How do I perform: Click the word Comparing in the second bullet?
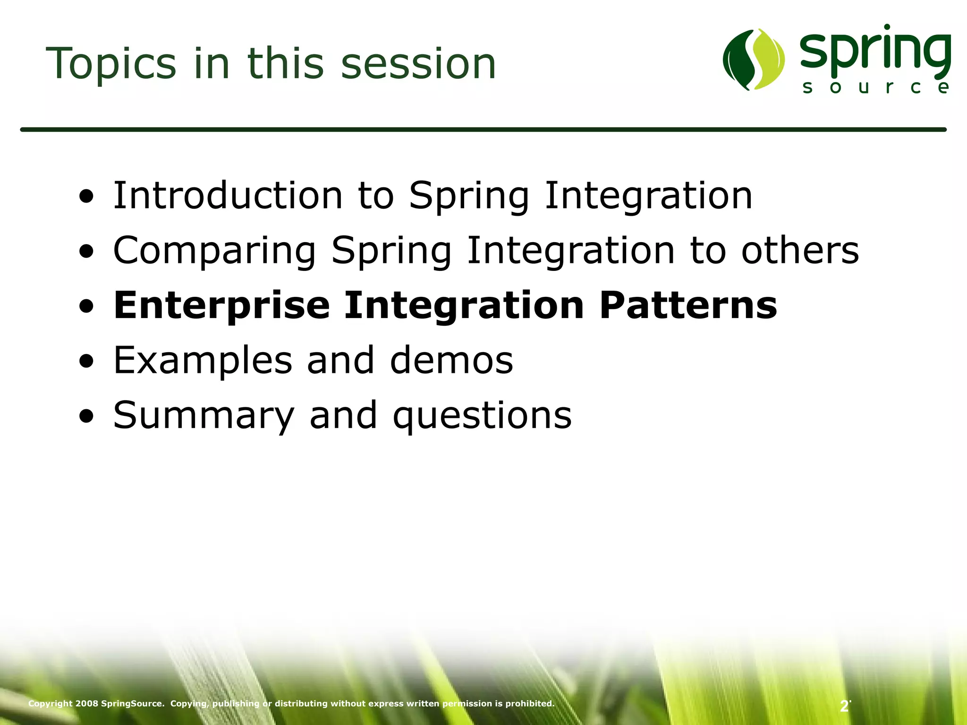214,251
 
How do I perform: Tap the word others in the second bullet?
800,251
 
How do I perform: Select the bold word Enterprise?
221,306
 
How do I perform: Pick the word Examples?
203,361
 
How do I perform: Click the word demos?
451,361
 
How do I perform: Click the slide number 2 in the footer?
844,707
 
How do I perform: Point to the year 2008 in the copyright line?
87,704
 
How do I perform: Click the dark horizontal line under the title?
483,129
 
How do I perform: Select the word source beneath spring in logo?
876,88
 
